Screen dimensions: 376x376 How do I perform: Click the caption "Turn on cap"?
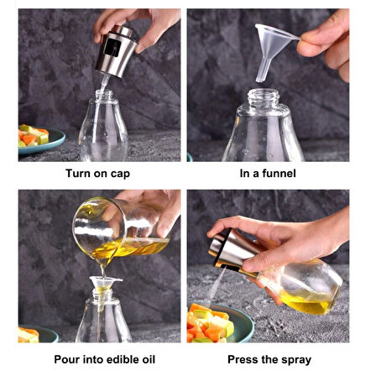click(x=98, y=174)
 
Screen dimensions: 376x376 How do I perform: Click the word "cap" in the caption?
click(x=120, y=174)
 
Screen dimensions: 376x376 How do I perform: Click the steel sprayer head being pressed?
click(x=231, y=248)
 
